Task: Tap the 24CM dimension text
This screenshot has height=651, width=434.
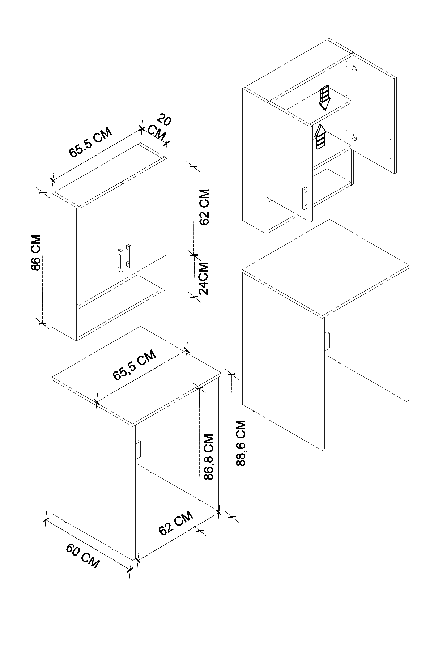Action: [x=204, y=278]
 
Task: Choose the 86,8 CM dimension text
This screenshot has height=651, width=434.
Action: [x=209, y=456]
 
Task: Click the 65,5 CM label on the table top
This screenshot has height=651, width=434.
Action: [x=135, y=365]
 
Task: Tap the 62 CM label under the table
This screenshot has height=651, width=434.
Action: [x=176, y=524]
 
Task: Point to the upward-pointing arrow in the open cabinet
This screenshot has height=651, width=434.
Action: [x=320, y=137]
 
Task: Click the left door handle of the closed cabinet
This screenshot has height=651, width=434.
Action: [x=119, y=260]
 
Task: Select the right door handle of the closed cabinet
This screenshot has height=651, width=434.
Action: [x=129, y=256]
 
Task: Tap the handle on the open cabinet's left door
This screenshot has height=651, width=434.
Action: [x=305, y=198]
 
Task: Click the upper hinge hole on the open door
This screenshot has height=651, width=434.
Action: [x=354, y=68]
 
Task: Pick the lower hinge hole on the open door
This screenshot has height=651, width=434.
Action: [x=354, y=137]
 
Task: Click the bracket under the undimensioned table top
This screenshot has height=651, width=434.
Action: [x=327, y=341]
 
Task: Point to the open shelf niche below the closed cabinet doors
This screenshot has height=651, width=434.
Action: [x=121, y=304]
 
